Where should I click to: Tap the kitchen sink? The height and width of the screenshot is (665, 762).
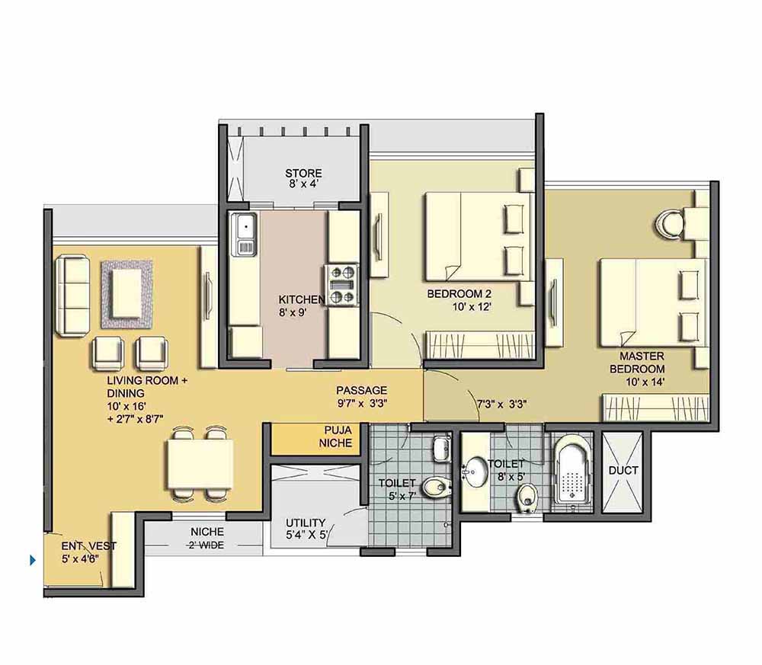(x=245, y=235)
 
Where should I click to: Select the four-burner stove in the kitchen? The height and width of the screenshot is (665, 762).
(x=341, y=285)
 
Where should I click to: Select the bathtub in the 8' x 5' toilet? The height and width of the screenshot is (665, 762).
(x=573, y=471)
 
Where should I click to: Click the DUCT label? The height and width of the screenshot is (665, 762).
(x=623, y=470)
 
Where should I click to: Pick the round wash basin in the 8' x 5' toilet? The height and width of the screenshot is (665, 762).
(x=474, y=472)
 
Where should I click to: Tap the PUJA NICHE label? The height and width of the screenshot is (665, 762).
(x=335, y=436)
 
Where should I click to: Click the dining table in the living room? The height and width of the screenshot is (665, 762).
(x=199, y=464)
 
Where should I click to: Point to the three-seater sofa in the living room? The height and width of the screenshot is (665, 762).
(x=72, y=296)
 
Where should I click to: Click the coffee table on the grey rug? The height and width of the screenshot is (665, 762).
(x=126, y=293)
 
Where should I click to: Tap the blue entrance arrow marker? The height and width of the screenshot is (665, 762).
(x=33, y=560)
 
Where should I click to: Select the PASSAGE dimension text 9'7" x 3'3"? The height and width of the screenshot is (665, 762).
(x=362, y=403)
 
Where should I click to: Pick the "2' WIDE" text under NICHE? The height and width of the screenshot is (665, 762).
(x=207, y=545)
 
